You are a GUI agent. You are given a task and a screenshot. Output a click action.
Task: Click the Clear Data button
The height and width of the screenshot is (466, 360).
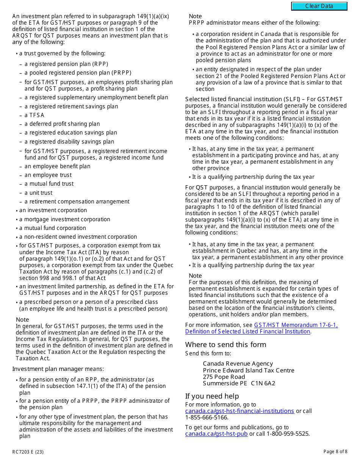319,6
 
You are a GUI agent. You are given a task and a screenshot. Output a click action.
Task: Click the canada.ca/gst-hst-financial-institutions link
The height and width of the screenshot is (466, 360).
239,411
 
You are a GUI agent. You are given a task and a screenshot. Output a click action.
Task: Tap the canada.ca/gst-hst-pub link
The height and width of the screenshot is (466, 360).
216,434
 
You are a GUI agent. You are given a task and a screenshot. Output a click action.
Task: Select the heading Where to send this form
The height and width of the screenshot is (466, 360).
225,345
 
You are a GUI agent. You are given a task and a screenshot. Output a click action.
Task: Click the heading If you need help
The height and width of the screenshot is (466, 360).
212,396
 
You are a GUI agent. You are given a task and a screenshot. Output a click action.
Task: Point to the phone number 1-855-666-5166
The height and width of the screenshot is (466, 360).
207,418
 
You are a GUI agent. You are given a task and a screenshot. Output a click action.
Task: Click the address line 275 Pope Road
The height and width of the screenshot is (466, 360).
224,377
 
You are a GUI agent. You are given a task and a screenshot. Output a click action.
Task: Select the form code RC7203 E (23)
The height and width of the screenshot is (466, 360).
28,452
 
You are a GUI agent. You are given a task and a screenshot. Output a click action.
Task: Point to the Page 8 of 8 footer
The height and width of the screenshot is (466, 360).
335,452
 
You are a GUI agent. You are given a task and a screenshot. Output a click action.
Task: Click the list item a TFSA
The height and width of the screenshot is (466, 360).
34,115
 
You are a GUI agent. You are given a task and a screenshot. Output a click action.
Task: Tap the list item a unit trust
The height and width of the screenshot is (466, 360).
38,193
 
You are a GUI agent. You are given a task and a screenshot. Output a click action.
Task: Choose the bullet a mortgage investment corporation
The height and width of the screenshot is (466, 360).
64,219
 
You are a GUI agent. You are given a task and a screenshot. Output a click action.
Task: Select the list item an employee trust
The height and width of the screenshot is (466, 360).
48,175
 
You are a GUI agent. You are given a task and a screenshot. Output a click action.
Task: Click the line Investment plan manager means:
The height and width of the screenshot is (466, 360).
58,369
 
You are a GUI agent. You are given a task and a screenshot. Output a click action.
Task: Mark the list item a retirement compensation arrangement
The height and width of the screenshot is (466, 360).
77,202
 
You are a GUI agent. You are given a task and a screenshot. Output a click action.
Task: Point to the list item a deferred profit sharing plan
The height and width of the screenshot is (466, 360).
62,124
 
